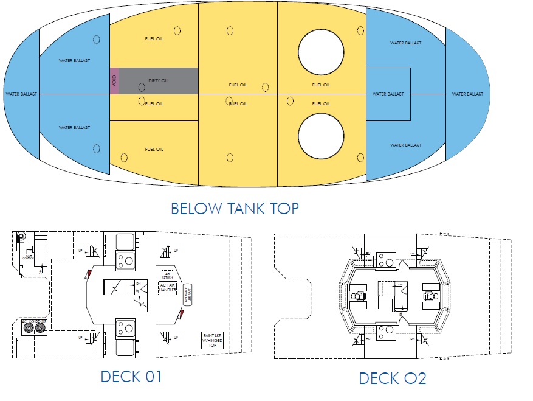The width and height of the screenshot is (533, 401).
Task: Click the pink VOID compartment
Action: tap(114, 80)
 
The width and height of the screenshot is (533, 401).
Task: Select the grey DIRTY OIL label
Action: tap(158, 80)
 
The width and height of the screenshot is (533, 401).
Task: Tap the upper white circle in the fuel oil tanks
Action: tap(322, 52)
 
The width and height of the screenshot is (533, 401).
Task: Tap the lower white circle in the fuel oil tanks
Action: tap(322, 138)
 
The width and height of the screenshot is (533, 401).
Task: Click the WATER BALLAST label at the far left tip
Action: tap(21, 94)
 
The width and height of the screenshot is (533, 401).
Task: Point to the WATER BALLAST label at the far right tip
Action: tap(467, 94)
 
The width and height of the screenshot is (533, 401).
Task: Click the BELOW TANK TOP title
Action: tap(235, 209)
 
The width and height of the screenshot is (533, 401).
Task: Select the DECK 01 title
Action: tap(131, 376)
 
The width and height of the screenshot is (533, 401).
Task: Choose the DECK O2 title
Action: tap(393, 378)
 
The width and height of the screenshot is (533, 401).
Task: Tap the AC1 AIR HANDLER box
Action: tap(167, 287)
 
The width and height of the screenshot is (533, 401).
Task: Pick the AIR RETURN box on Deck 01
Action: tap(167, 276)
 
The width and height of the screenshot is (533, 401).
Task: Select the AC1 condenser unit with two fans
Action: tap(34, 327)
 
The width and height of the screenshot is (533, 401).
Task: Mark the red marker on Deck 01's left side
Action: tap(89, 274)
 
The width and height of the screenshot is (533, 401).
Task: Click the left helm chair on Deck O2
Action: tap(359, 296)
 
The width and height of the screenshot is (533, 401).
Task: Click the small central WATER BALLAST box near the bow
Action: tap(388, 94)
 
